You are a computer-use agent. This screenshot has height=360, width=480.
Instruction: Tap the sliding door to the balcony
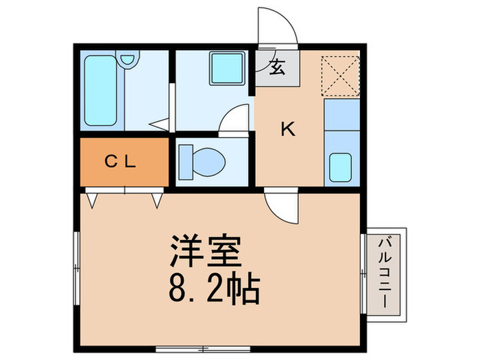(363, 274)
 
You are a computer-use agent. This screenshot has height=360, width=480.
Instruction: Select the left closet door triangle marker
(93, 200)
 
